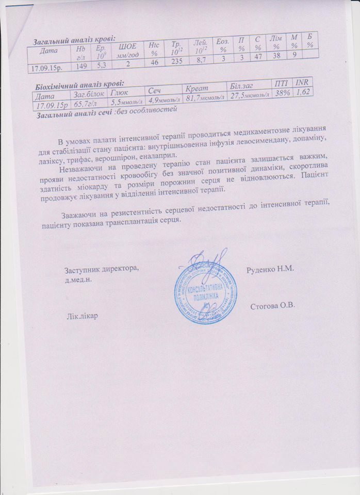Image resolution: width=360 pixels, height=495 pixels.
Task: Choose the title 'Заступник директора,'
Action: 101,270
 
